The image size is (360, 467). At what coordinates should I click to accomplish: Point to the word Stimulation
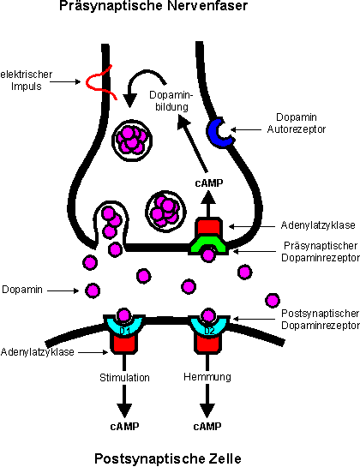124,378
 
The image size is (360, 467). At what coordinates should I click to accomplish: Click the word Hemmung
207,377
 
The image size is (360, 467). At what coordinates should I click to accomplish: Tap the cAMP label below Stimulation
124,427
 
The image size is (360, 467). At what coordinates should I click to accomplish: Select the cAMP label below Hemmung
207,427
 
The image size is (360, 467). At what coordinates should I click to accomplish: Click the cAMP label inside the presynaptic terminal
209,183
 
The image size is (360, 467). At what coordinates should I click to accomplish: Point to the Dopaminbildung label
171,101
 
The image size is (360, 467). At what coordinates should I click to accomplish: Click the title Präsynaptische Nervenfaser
153,6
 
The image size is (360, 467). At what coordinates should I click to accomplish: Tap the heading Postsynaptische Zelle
168,458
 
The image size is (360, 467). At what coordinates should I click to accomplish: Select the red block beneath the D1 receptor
124,344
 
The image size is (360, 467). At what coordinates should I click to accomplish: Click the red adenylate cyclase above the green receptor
208,227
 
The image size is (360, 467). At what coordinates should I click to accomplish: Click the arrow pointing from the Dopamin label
63,290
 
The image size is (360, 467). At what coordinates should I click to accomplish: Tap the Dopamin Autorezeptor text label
297,123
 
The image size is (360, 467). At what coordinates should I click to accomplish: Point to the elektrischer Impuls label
27,80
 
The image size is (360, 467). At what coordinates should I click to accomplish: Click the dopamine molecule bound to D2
208,315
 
